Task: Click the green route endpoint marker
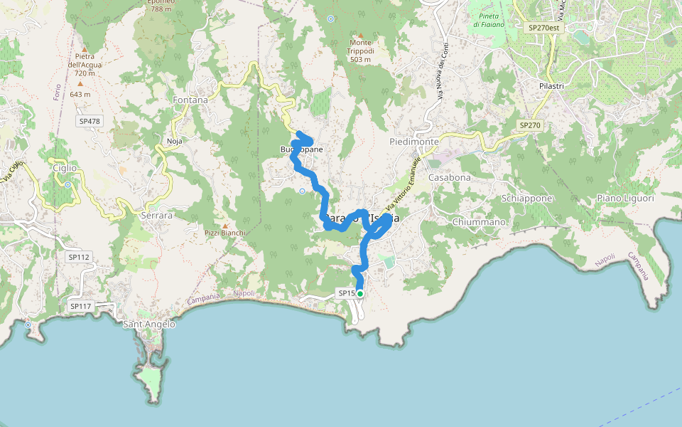click(360, 293)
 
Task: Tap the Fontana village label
click(190, 100)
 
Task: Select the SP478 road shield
click(90, 121)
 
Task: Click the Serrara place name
click(157, 214)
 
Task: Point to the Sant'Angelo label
click(149, 325)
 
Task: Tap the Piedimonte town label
click(414, 142)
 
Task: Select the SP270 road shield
click(530, 125)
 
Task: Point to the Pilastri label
click(551, 85)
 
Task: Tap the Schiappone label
click(526, 199)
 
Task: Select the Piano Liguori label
click(625, 199)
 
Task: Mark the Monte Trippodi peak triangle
click(360, 36)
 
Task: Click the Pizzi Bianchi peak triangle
click(225, 225)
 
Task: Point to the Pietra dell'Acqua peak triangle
click(84, 50)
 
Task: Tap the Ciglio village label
click(65, 168)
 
